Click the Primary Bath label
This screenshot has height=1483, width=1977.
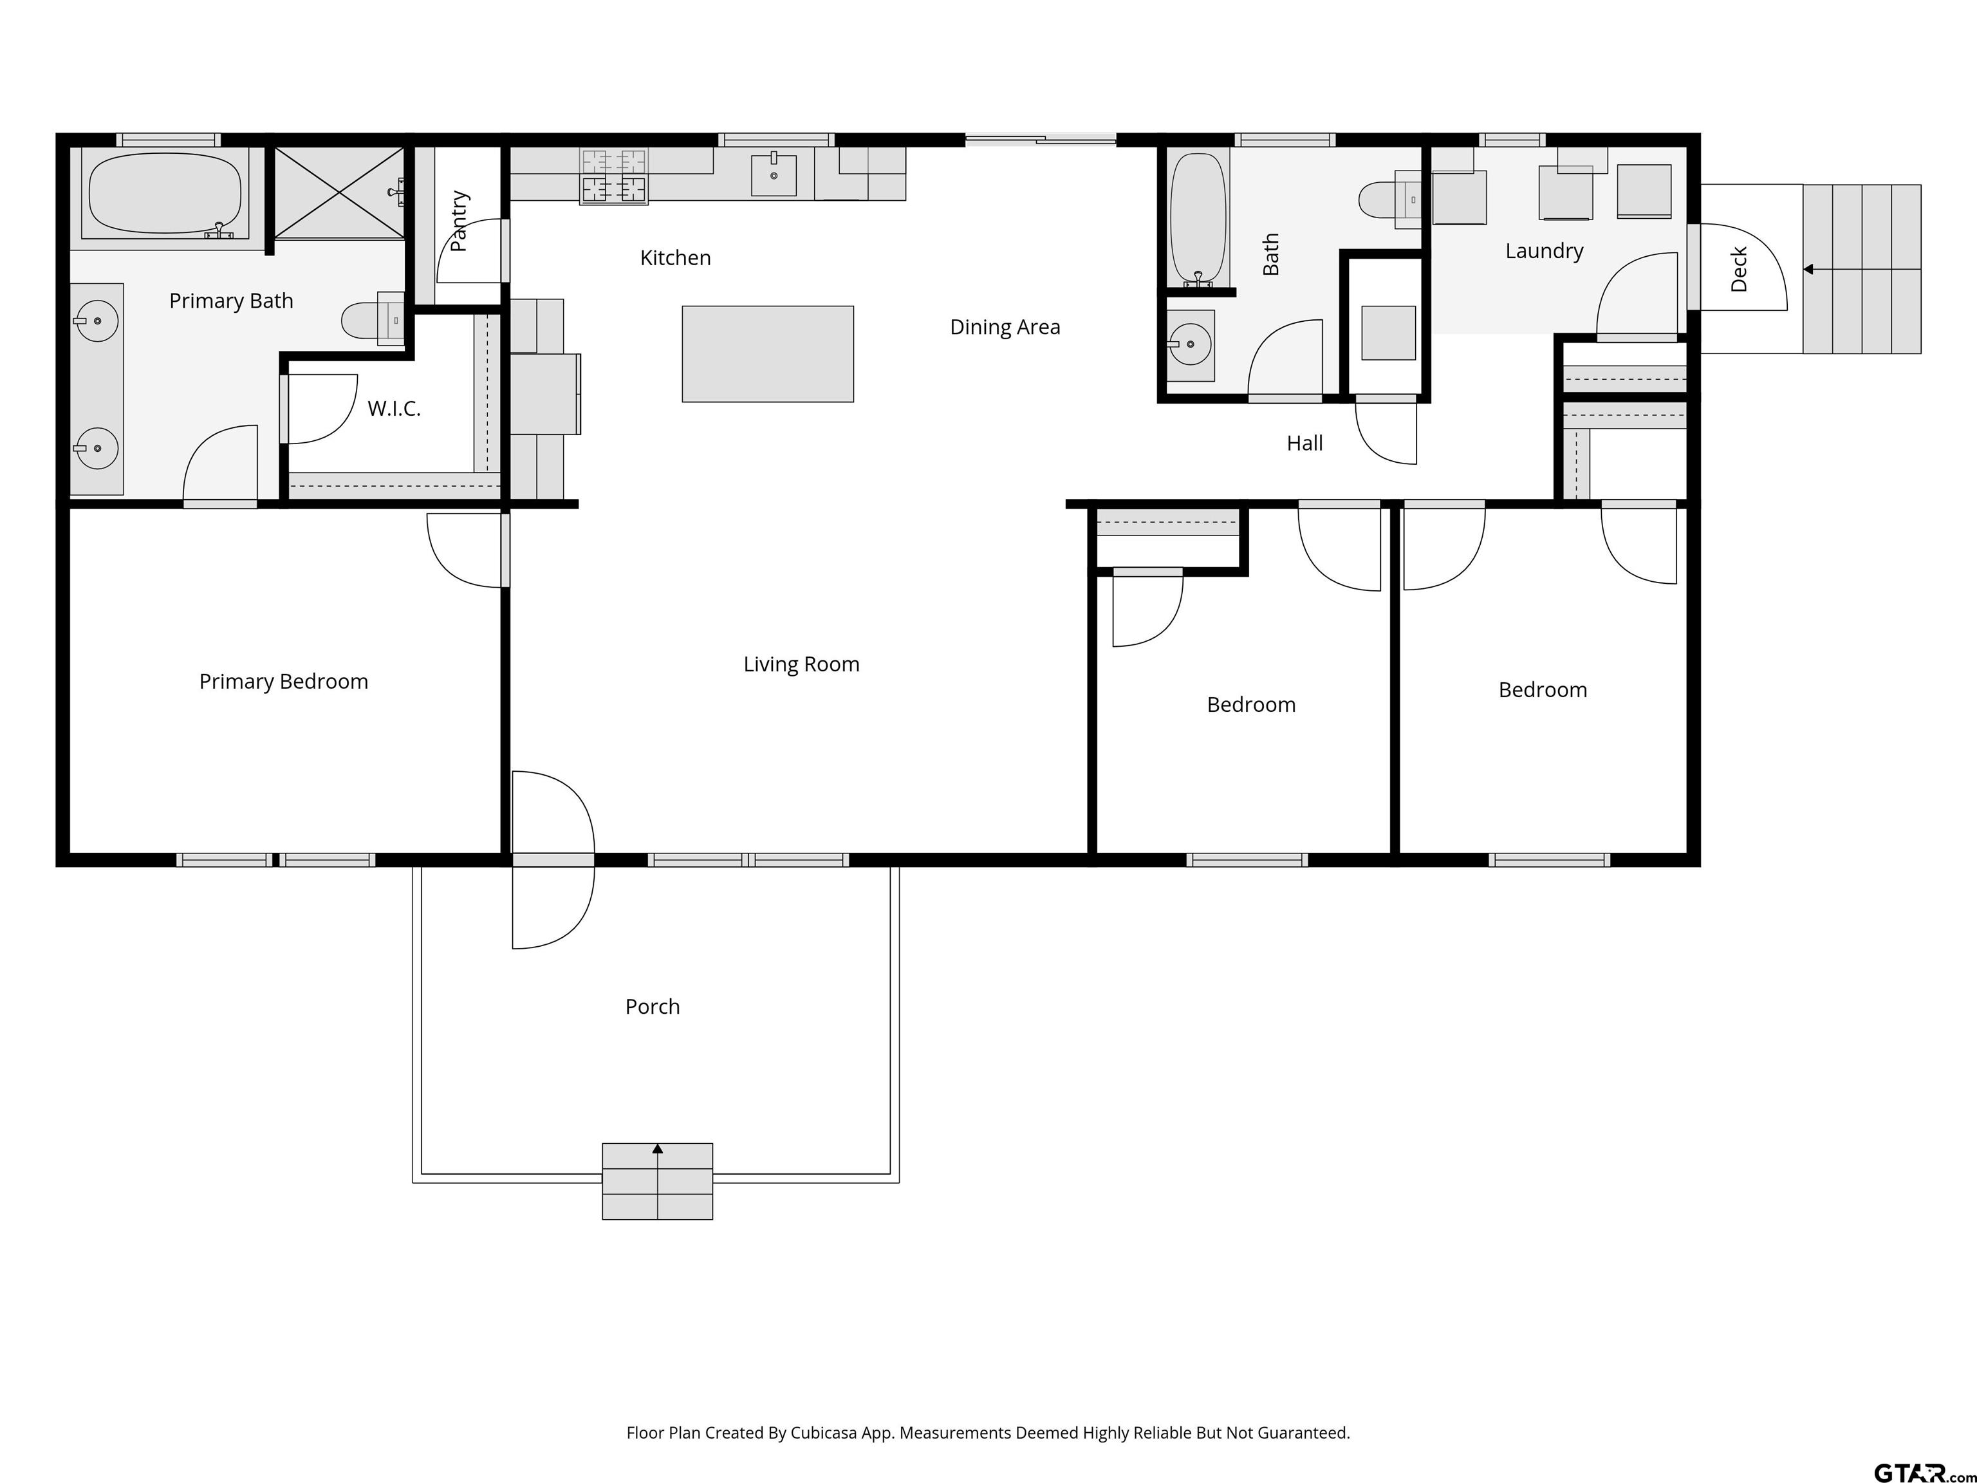pyautogui.click(x=232, y=301)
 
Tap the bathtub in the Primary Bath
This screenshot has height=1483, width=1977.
pyautogui.click(x=165, y=194)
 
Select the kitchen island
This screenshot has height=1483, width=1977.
pyautogui.click(x=768, y=354)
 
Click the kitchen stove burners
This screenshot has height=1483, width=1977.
pyautogui.click(x=613, y=176)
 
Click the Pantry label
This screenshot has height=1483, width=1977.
pyautogui.click(x=458, y=221)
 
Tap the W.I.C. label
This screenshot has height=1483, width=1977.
pyautogui.click(x=394, y=409)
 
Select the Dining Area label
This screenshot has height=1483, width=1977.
pyautogui.click(x=1005, y=327)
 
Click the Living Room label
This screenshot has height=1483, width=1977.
pyautogui.click(x=802, y=664)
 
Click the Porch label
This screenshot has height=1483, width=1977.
pyautogui.click(x=653, y=1007)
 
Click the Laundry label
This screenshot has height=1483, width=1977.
pyautogui.click(x=1545, y=251)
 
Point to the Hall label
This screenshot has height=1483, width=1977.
pyautogui.click(x=1305, y=443)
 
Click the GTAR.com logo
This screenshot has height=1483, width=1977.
pyautogui.click(x=1924, y=1472)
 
